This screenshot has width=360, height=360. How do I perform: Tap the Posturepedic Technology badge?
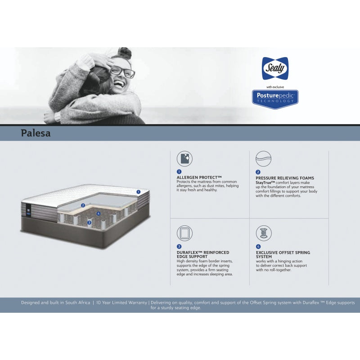[275, 99]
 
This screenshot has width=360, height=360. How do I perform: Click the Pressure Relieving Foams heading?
[285, 178]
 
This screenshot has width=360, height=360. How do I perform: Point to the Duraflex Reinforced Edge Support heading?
[203, 254]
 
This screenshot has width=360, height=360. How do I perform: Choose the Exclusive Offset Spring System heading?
[283, 254]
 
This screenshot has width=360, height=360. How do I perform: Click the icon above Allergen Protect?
[184, 158]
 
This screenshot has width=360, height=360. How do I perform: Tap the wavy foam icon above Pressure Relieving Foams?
[263, 158]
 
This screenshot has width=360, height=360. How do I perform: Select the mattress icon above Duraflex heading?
[184, 233]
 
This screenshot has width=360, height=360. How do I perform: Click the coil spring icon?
[263, 233]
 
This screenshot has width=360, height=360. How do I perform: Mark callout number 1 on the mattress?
[139, 192]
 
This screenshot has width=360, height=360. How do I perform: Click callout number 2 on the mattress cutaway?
[83, 205]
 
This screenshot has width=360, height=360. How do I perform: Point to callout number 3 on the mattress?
[89, 222]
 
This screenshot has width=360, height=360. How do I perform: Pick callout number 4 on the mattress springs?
[98, 213]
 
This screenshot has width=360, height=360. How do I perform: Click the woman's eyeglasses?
[122, 71]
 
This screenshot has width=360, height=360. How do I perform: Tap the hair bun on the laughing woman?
[126, 53]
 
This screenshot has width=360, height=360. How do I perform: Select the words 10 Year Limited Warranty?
[122, 303]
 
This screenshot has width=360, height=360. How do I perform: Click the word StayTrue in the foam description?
[265, 182]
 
